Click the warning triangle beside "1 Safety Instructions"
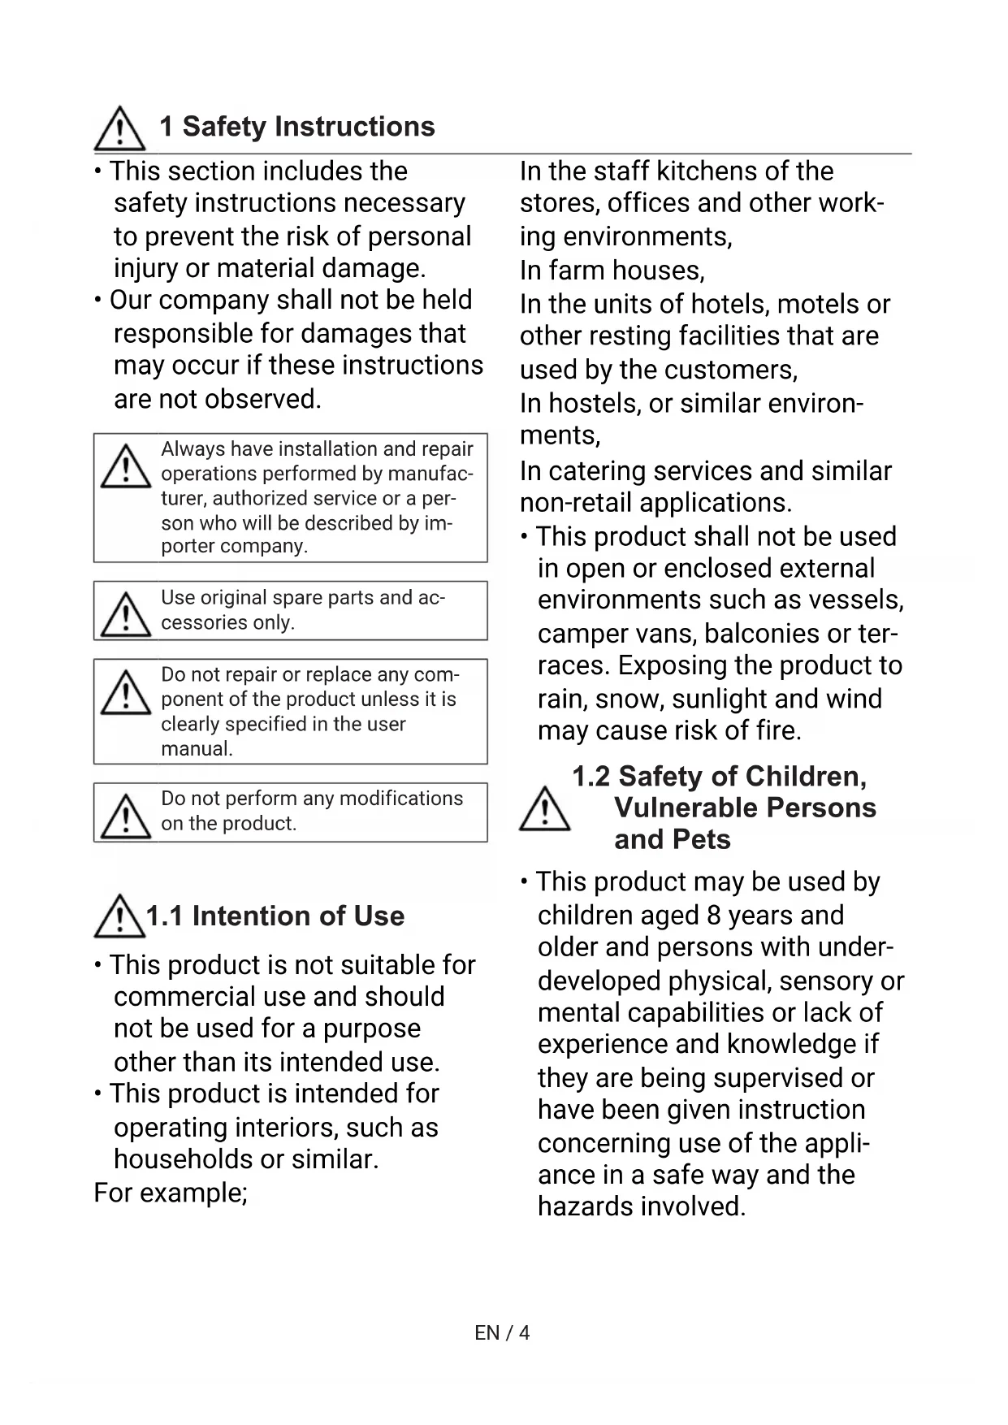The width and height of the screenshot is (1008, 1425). [x=119, y=129]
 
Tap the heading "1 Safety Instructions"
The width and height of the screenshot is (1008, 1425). [x=297, y=127]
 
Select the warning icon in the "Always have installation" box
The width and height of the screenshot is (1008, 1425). [x=126, y=467]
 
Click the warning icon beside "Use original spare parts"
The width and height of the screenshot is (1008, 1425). [x=126, y=615]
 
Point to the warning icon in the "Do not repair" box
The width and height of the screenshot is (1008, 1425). [x=126, y=692]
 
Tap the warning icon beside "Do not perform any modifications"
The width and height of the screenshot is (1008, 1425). [x=126, y=816]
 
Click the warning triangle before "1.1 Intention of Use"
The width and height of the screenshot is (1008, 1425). [x=119, y=917]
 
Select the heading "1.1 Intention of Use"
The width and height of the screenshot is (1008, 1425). [x=275, y=916]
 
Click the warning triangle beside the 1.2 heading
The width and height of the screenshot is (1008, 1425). [x=544, y=810]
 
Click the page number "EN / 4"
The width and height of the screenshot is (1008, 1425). [x=502, y=1332]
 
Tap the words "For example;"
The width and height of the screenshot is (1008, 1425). [x=171, y=1193]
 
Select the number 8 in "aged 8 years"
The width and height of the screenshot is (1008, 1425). [x=714, y=916]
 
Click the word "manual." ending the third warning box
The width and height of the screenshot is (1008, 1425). [x=197, y=749]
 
